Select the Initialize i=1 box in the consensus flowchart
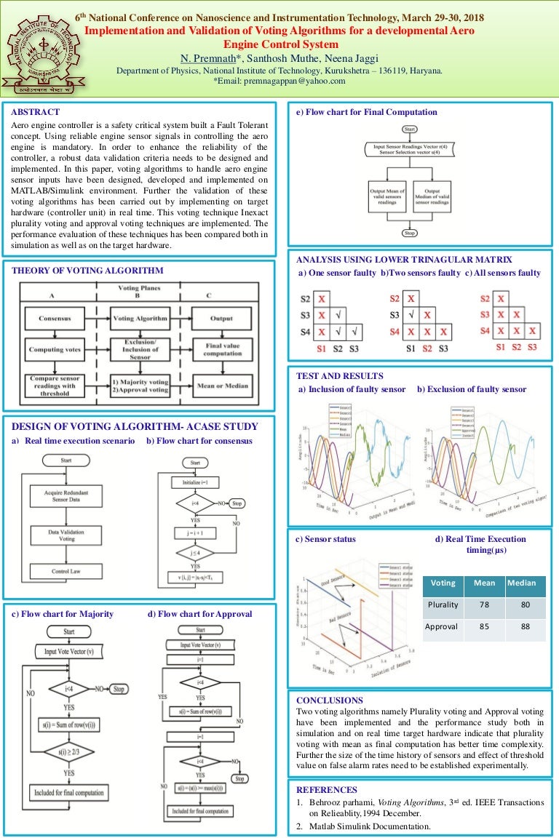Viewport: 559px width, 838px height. tap(195, 482)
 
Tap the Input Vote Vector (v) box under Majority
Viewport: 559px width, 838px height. tap(69, 653)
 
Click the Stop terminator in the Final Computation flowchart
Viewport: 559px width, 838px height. tap(409, 234)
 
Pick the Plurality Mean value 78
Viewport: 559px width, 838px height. tap(484, 604)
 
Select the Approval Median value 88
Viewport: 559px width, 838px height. tap(521, 626)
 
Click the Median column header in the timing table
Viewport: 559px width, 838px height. tap(521, 583)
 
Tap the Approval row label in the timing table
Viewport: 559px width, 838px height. tap(441, 626)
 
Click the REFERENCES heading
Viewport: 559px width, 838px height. tap(327, 789)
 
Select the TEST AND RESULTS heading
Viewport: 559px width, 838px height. tap(339, 376)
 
